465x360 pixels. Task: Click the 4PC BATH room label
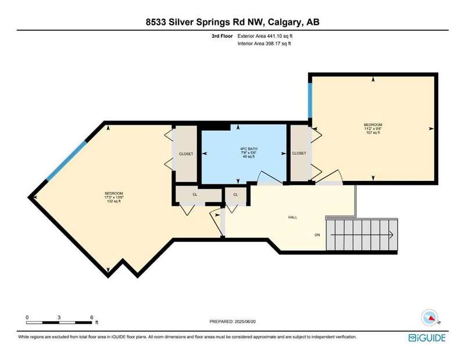click(249, 149)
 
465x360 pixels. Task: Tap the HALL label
click(293, 218)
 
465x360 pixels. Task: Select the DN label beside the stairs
click(317, 235)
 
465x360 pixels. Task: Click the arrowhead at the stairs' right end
click(391, 235)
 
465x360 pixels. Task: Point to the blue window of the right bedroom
click(310, 100)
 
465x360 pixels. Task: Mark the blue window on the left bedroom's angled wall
click(67, 161)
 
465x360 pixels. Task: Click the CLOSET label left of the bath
click(186, 154)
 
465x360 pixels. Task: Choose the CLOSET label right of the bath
click(299, 153)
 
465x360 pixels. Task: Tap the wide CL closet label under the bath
click(195, 194)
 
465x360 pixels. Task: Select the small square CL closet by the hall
click(235, 195)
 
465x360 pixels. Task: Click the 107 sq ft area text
click(373, 133)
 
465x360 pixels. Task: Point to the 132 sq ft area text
click(114, 201)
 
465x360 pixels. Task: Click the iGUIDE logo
click(427, 338)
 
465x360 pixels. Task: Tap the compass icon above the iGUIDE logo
click(430, 318)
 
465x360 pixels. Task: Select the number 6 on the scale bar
click(92, 318)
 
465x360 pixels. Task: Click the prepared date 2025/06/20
click(245, 322)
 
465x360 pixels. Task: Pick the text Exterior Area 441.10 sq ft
click(265, 36)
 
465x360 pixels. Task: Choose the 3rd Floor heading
click(222, 36)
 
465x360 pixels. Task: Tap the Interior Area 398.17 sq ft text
click(264, 44)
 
